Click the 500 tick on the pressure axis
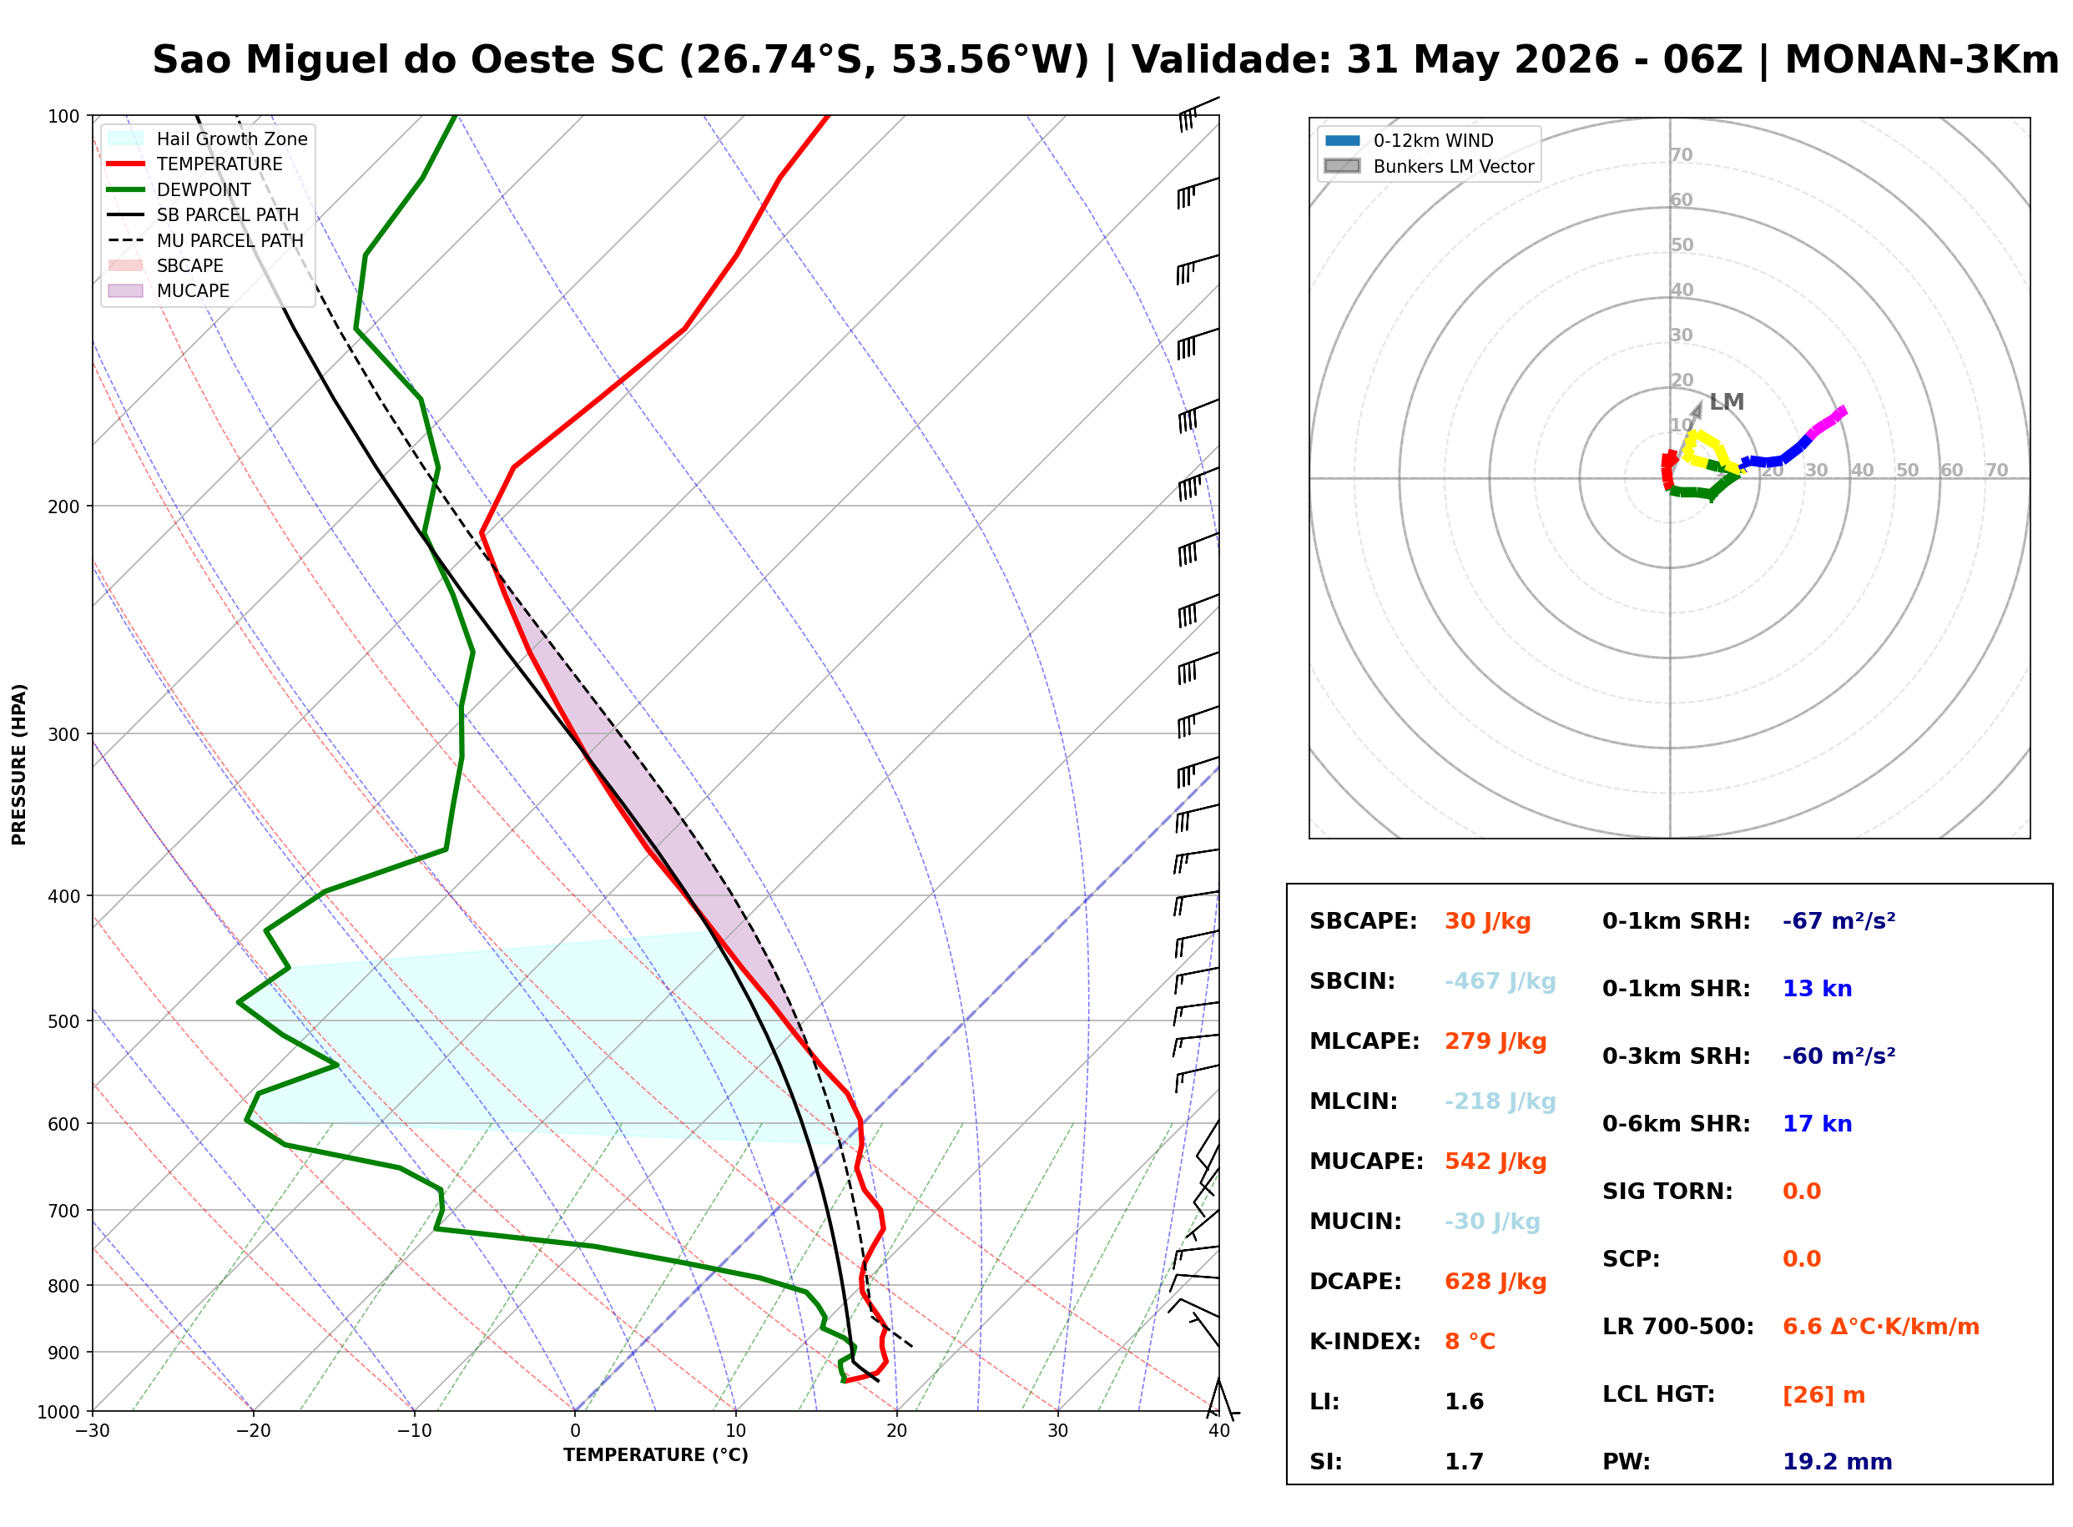coord(63,1021)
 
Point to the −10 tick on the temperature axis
coord(413,1431)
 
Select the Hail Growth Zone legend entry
coord(208,139)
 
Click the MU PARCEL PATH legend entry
coord(206,240)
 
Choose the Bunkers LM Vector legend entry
coord(1429,166)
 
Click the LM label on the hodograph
coord(1727,402)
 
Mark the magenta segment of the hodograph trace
coord(1826,421)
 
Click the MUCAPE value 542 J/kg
coord(1495,1161)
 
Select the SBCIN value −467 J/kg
coord(1500,980)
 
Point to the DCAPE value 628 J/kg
coord(1495,1281)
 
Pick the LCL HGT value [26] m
coord(1823,1395)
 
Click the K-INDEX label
coord(1365,1341)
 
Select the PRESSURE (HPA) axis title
coord(19,764)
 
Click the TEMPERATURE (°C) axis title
coord(656,1455)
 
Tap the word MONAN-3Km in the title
coord(1921,60)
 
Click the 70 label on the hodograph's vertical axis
coord(1681,154)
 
